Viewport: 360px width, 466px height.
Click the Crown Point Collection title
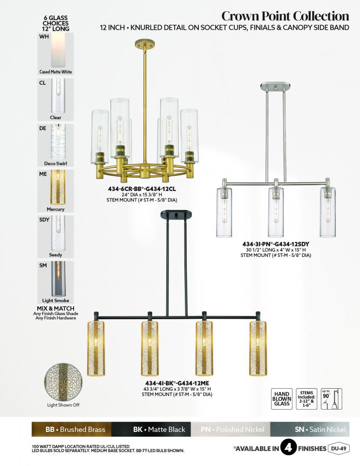(x=285, y=16)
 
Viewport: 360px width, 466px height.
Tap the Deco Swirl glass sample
(x=55, y=145)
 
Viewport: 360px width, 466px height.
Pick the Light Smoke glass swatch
(x=55, y=283)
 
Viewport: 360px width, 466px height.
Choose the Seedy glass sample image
(x=55, y=237)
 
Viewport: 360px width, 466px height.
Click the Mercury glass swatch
(x=55, y=191)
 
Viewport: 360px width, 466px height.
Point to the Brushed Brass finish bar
(x=71, y=429)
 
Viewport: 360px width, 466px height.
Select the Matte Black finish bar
(x=151, y=429)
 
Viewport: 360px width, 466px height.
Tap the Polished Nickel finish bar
(x=231, y=429)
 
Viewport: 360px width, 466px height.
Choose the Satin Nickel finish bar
(x=310, y=429)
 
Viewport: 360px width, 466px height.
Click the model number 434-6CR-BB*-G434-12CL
(x=144, y=189)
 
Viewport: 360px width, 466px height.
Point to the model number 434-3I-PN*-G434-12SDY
(x=276, y=244)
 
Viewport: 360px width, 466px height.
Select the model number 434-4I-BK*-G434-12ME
(x=177, y=383)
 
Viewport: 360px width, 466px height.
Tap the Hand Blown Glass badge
(x=282, y=399)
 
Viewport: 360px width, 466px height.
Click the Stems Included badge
(x=306, y=399)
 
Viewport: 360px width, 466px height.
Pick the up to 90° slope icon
(x=332, y=399)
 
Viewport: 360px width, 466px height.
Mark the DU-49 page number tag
(x=339, y=448)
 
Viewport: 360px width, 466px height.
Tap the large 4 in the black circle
(x=288, y=447)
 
